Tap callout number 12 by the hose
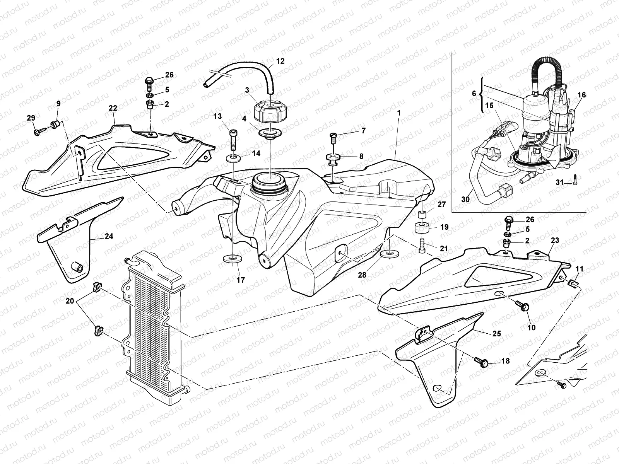point(280,61)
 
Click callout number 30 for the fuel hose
point(466,199)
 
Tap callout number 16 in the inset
point(582,95)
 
